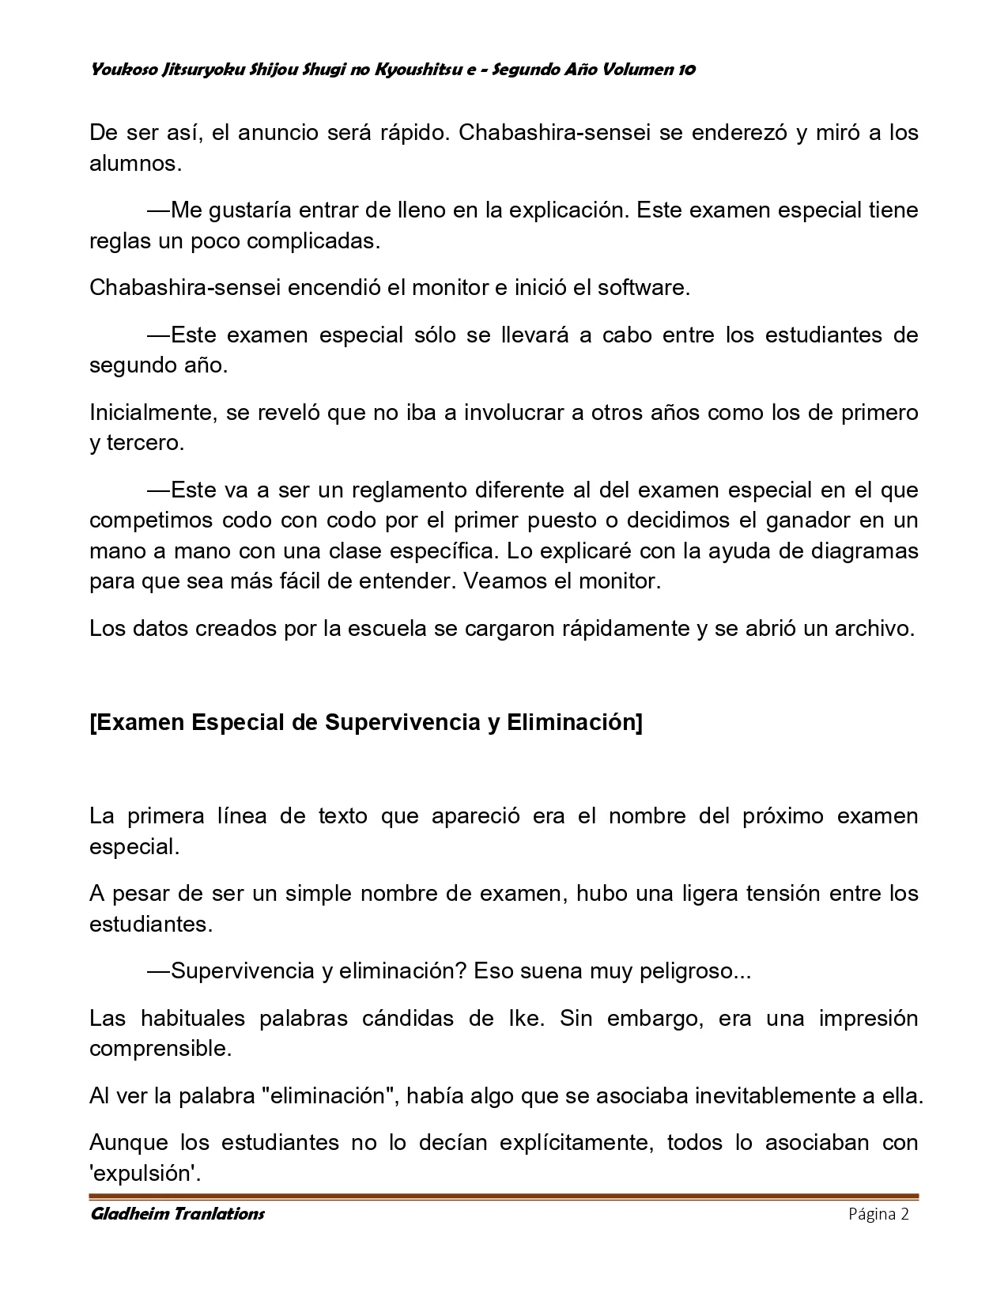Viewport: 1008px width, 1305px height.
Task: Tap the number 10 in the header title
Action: click(686, 70)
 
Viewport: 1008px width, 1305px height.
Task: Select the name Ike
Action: click(523, 1018)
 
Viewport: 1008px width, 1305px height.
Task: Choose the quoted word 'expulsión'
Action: click(143, 1174)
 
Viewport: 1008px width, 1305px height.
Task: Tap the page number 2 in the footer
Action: click(905, 1214)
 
